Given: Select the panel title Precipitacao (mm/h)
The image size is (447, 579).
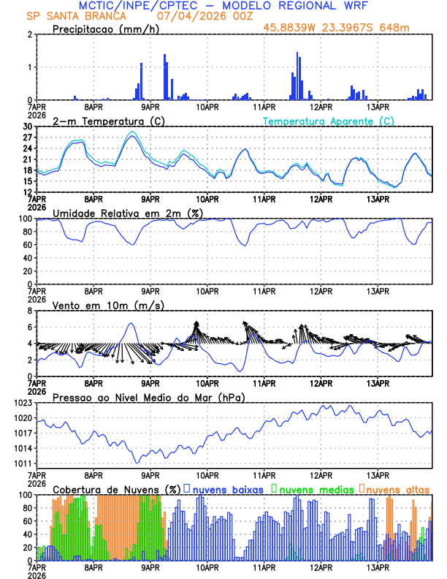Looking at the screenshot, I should point(104,29).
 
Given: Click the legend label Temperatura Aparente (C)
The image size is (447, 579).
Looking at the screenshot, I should point(328,121).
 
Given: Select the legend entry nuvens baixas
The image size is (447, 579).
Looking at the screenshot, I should point(228,488).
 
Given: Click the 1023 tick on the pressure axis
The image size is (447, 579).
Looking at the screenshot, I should point(22,403).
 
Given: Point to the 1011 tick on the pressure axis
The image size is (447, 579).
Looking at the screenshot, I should point(22,463).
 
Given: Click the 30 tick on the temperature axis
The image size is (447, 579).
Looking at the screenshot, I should point(27,126).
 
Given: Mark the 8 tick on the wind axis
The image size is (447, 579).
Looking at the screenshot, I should point(30,311).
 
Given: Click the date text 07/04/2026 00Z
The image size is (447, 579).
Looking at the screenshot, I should point(200,16).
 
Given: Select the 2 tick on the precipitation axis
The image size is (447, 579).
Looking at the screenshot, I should point(30,34).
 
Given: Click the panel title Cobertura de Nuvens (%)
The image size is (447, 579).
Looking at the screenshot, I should point(117,488).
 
